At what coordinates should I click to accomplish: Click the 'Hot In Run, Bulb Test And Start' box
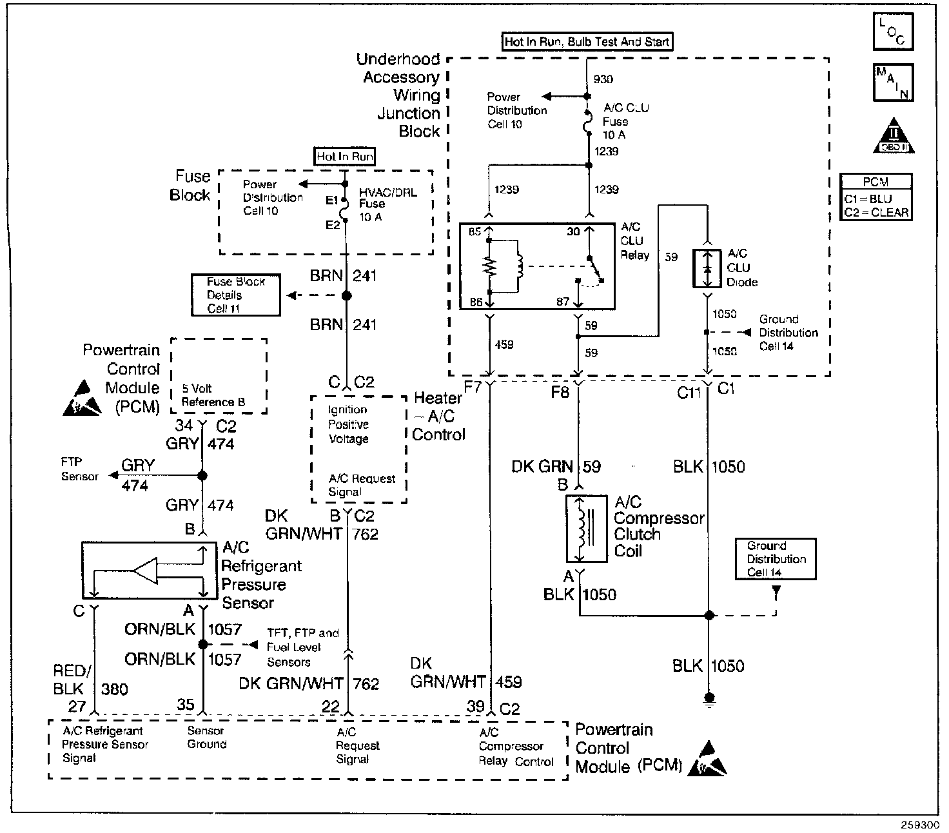[x=587, y=42]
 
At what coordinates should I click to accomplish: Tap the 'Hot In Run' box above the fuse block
[x=345, y=157]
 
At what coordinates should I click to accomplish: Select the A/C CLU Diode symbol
[x=707, y=268]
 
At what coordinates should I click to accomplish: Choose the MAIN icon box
[x=892, y=82]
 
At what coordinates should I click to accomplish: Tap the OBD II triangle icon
[x=894, y=136]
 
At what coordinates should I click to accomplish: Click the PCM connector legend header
[x=876, y=182]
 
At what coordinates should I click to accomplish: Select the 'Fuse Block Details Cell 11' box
[x=235, y=295]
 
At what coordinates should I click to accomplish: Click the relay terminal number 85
[x=475, y=233]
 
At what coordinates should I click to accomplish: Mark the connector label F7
[x=473, y=388]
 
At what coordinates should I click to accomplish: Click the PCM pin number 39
[x=476, y=707]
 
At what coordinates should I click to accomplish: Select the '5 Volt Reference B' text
[x=213, y=395]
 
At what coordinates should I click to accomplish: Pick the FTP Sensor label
[x=79, y=469]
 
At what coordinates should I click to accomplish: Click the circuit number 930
[x=603, y=79]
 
